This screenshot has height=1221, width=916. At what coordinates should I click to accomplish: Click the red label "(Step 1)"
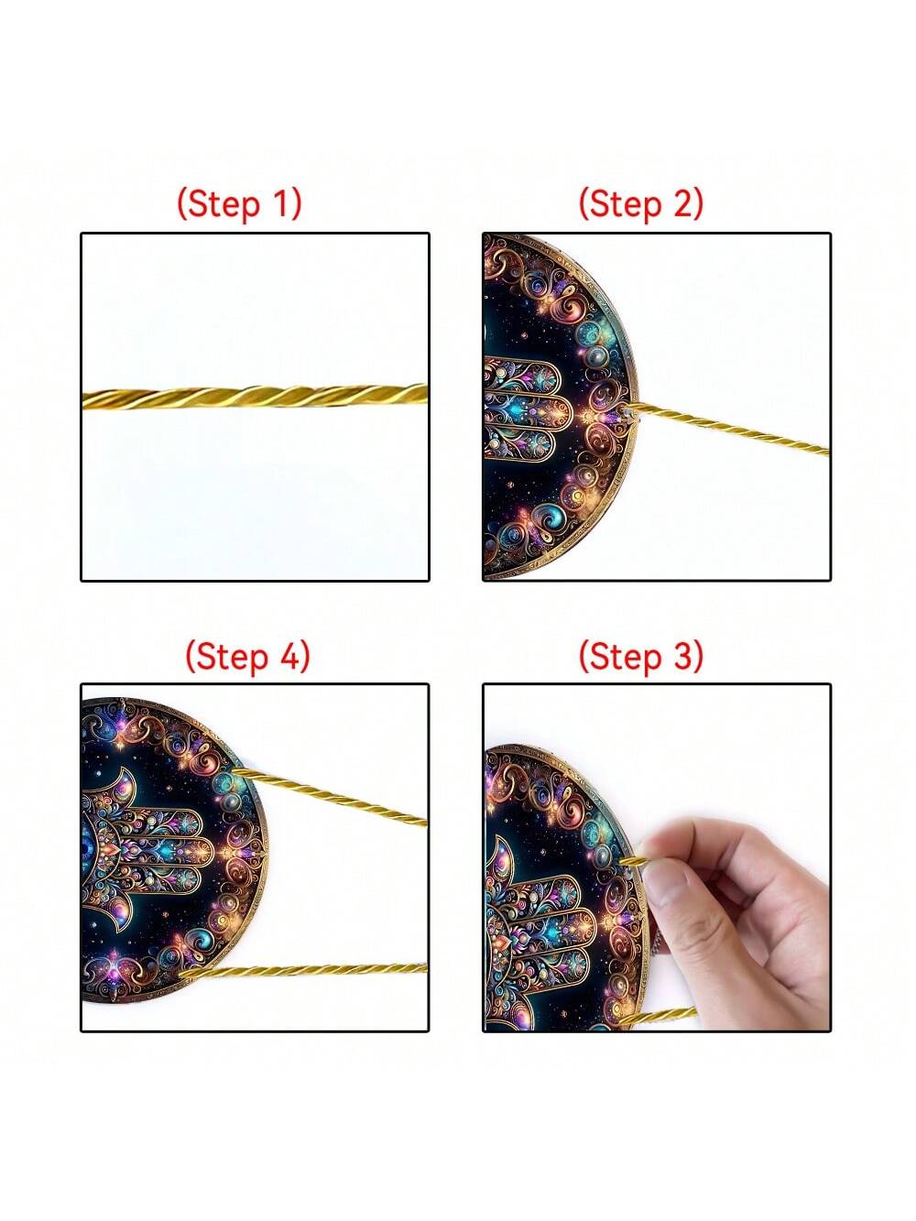tap(239, 203)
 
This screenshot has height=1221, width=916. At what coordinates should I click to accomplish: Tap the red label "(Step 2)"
tap(640, 203)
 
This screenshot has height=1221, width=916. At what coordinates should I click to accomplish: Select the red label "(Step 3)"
tap(640, 656)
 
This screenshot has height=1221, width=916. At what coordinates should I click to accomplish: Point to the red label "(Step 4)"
tap(247, 656)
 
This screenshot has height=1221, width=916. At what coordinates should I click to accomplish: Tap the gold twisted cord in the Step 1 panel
tap(256, 398)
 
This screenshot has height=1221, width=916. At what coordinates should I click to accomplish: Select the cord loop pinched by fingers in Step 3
tap(635, 862)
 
